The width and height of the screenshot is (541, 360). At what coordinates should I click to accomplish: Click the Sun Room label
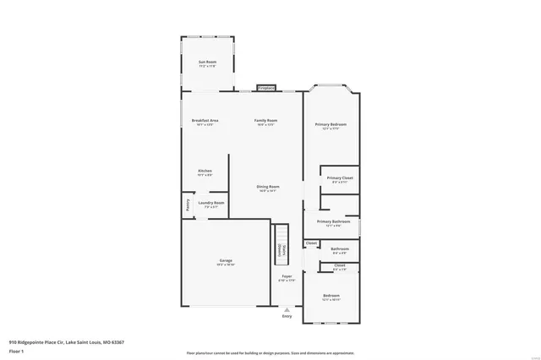pyautogui.click(x=207, y=63)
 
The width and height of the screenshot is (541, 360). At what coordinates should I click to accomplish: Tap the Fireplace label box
pyautogui.click(x=266, y=88)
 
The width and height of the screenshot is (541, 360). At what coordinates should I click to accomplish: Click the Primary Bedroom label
pyautogui.click(x=331, y=126)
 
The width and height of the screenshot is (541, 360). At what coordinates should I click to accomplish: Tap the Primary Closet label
pyautogui.click(x=340, y=179)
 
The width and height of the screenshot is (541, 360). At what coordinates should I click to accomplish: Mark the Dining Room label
pyautogui.click(x=268, y=188)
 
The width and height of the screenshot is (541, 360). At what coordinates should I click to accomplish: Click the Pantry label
pyautogui.click(x=186, y=205)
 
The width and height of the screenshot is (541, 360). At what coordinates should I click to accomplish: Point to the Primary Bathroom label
pyautogui.click(x=334, y=223)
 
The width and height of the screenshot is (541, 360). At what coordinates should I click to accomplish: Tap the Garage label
pyautogui.click(x=226, y=262)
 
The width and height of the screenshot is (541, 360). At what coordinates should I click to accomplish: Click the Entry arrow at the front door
pyautogui.click(x=287, y=309)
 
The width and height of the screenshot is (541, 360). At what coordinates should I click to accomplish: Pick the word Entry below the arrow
pyautogui.click(x=287, y=316)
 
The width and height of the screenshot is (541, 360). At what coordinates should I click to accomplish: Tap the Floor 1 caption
pyautogui.click(x=16, y=351)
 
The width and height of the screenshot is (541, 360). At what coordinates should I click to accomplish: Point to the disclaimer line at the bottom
pyautogui.click(x=270, y=353)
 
